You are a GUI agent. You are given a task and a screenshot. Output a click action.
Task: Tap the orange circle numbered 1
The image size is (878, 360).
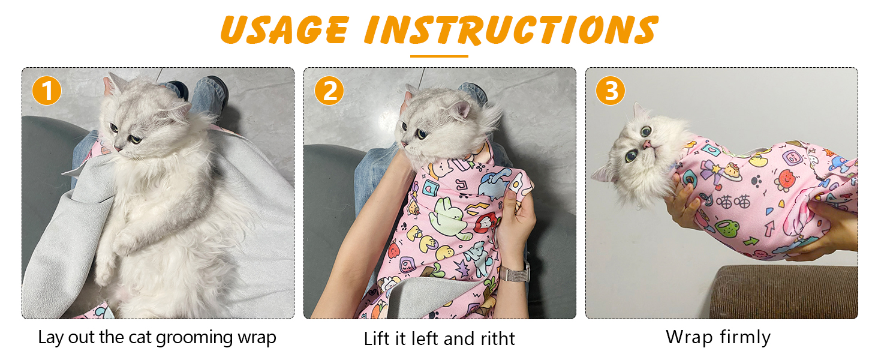click(x=47, y=91)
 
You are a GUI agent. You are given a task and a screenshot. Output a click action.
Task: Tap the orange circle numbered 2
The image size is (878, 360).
click(x=329, y=91)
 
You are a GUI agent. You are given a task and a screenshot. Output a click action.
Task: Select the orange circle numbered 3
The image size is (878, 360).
click(x=611, y=91)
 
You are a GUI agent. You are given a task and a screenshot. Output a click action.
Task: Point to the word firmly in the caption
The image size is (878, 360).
click(x=743, y=337)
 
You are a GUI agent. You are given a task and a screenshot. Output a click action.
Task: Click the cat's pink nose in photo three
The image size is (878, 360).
click(x=647, y=145)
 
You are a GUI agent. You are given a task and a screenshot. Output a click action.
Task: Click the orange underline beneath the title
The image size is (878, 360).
click(x=439, y=56)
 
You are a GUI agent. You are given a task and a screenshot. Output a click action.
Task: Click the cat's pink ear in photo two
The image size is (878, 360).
click(x=461, y=110)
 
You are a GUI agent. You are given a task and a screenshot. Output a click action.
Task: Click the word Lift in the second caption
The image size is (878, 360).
click(x=377, y=339)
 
